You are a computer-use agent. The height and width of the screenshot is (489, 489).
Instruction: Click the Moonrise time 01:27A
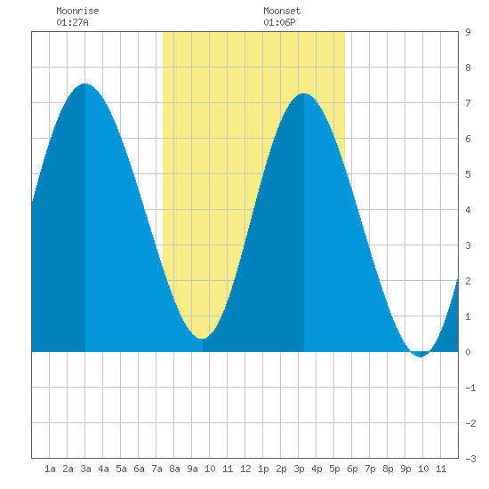click(72, 22)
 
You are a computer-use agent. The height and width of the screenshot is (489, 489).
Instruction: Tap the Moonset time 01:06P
click(279, 22)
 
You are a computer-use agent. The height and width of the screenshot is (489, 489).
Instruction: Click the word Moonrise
click(77, 11)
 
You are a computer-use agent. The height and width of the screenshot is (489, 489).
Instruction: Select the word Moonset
click(282, 11)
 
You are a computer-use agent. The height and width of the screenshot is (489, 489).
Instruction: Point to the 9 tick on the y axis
click(468, 32)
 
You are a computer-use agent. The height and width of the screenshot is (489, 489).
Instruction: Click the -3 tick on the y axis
click(470, 459)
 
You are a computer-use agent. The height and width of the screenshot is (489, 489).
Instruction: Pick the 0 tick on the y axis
click(468, 352)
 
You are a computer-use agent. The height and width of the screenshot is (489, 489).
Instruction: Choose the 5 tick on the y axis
click(468, 174)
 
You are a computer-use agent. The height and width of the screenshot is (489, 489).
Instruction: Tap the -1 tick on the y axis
click(470, 388)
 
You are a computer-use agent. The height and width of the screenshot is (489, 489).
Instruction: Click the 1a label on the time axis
click(50, 469)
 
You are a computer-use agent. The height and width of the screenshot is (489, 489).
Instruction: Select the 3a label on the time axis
click(85, 469)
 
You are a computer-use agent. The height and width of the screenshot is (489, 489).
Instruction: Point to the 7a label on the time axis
click(156, 469)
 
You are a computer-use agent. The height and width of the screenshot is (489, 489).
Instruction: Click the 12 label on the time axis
click(245, 469)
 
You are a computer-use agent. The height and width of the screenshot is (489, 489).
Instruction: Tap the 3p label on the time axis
click(299, 469)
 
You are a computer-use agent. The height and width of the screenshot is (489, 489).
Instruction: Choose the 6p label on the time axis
click(352, 469)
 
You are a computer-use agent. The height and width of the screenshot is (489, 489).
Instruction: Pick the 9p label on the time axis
click(405, 469)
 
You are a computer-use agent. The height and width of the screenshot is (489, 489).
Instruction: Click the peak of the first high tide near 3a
click(84, 84)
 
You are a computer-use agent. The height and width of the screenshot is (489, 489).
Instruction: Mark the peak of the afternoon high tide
click(304, 93)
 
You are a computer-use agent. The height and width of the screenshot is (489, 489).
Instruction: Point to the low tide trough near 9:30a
click(203, 338)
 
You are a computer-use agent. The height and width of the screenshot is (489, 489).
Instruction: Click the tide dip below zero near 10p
click(421, 357)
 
